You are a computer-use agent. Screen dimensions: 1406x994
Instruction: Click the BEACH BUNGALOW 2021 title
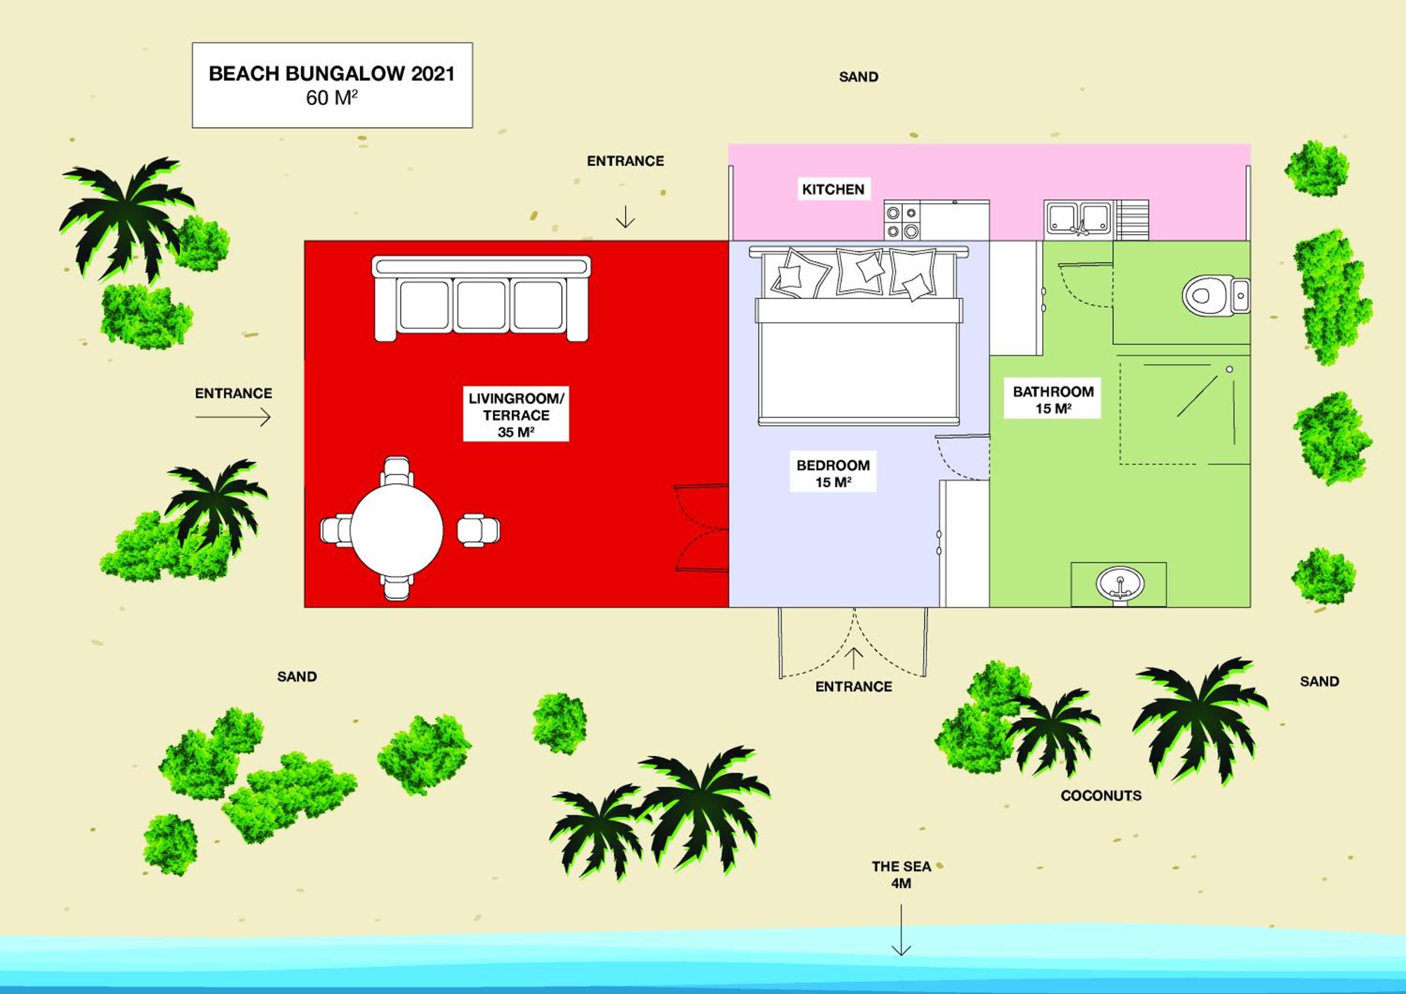point(332,74)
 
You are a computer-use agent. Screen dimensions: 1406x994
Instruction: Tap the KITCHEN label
point(833,190)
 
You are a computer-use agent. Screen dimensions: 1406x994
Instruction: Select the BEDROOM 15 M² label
point(833,474)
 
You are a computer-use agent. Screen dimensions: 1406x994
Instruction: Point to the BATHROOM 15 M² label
point(1053,400)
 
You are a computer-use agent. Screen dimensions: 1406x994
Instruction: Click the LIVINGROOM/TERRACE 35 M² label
point(516,415)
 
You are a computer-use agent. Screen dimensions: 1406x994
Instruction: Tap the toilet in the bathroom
point(1216,296)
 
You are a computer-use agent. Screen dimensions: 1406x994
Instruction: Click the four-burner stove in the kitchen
point(902,221)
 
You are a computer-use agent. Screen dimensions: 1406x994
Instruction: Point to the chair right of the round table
point(478,530)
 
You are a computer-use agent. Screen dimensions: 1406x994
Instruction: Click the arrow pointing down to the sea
point(901,929)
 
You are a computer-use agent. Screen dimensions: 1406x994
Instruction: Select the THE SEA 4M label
point(901,875)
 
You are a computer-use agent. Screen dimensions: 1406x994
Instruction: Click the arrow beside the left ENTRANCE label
point(233,417)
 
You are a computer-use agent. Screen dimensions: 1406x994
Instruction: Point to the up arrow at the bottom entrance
point(853,659)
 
